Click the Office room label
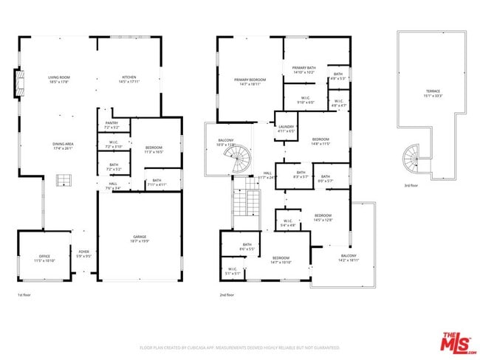(44, 258)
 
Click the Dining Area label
(63, 146)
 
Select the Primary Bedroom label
(250, 82)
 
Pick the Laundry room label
(285, 128)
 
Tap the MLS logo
(458, 342)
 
